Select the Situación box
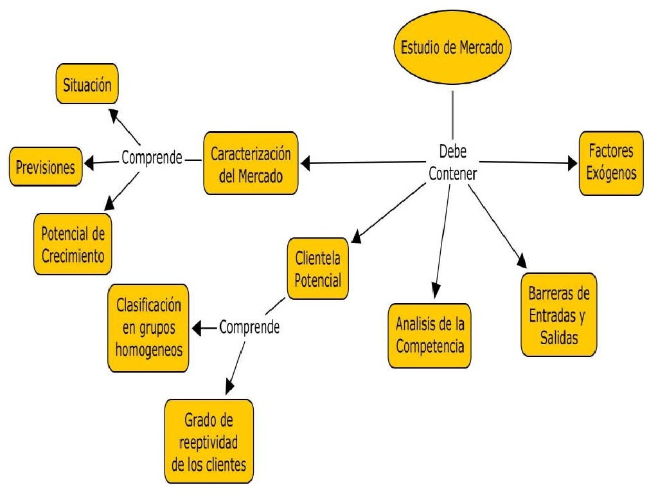[x=86, y=84]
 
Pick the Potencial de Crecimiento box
[x=73, y=242]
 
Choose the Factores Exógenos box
[x=610, y=163]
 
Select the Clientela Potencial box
[x=317, y=270]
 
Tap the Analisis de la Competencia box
[x=430, y=335]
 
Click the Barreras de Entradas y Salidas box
[x=558, y=315]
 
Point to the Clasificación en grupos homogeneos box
[x=148, y=327]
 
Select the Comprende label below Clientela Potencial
[x=249, y=327]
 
